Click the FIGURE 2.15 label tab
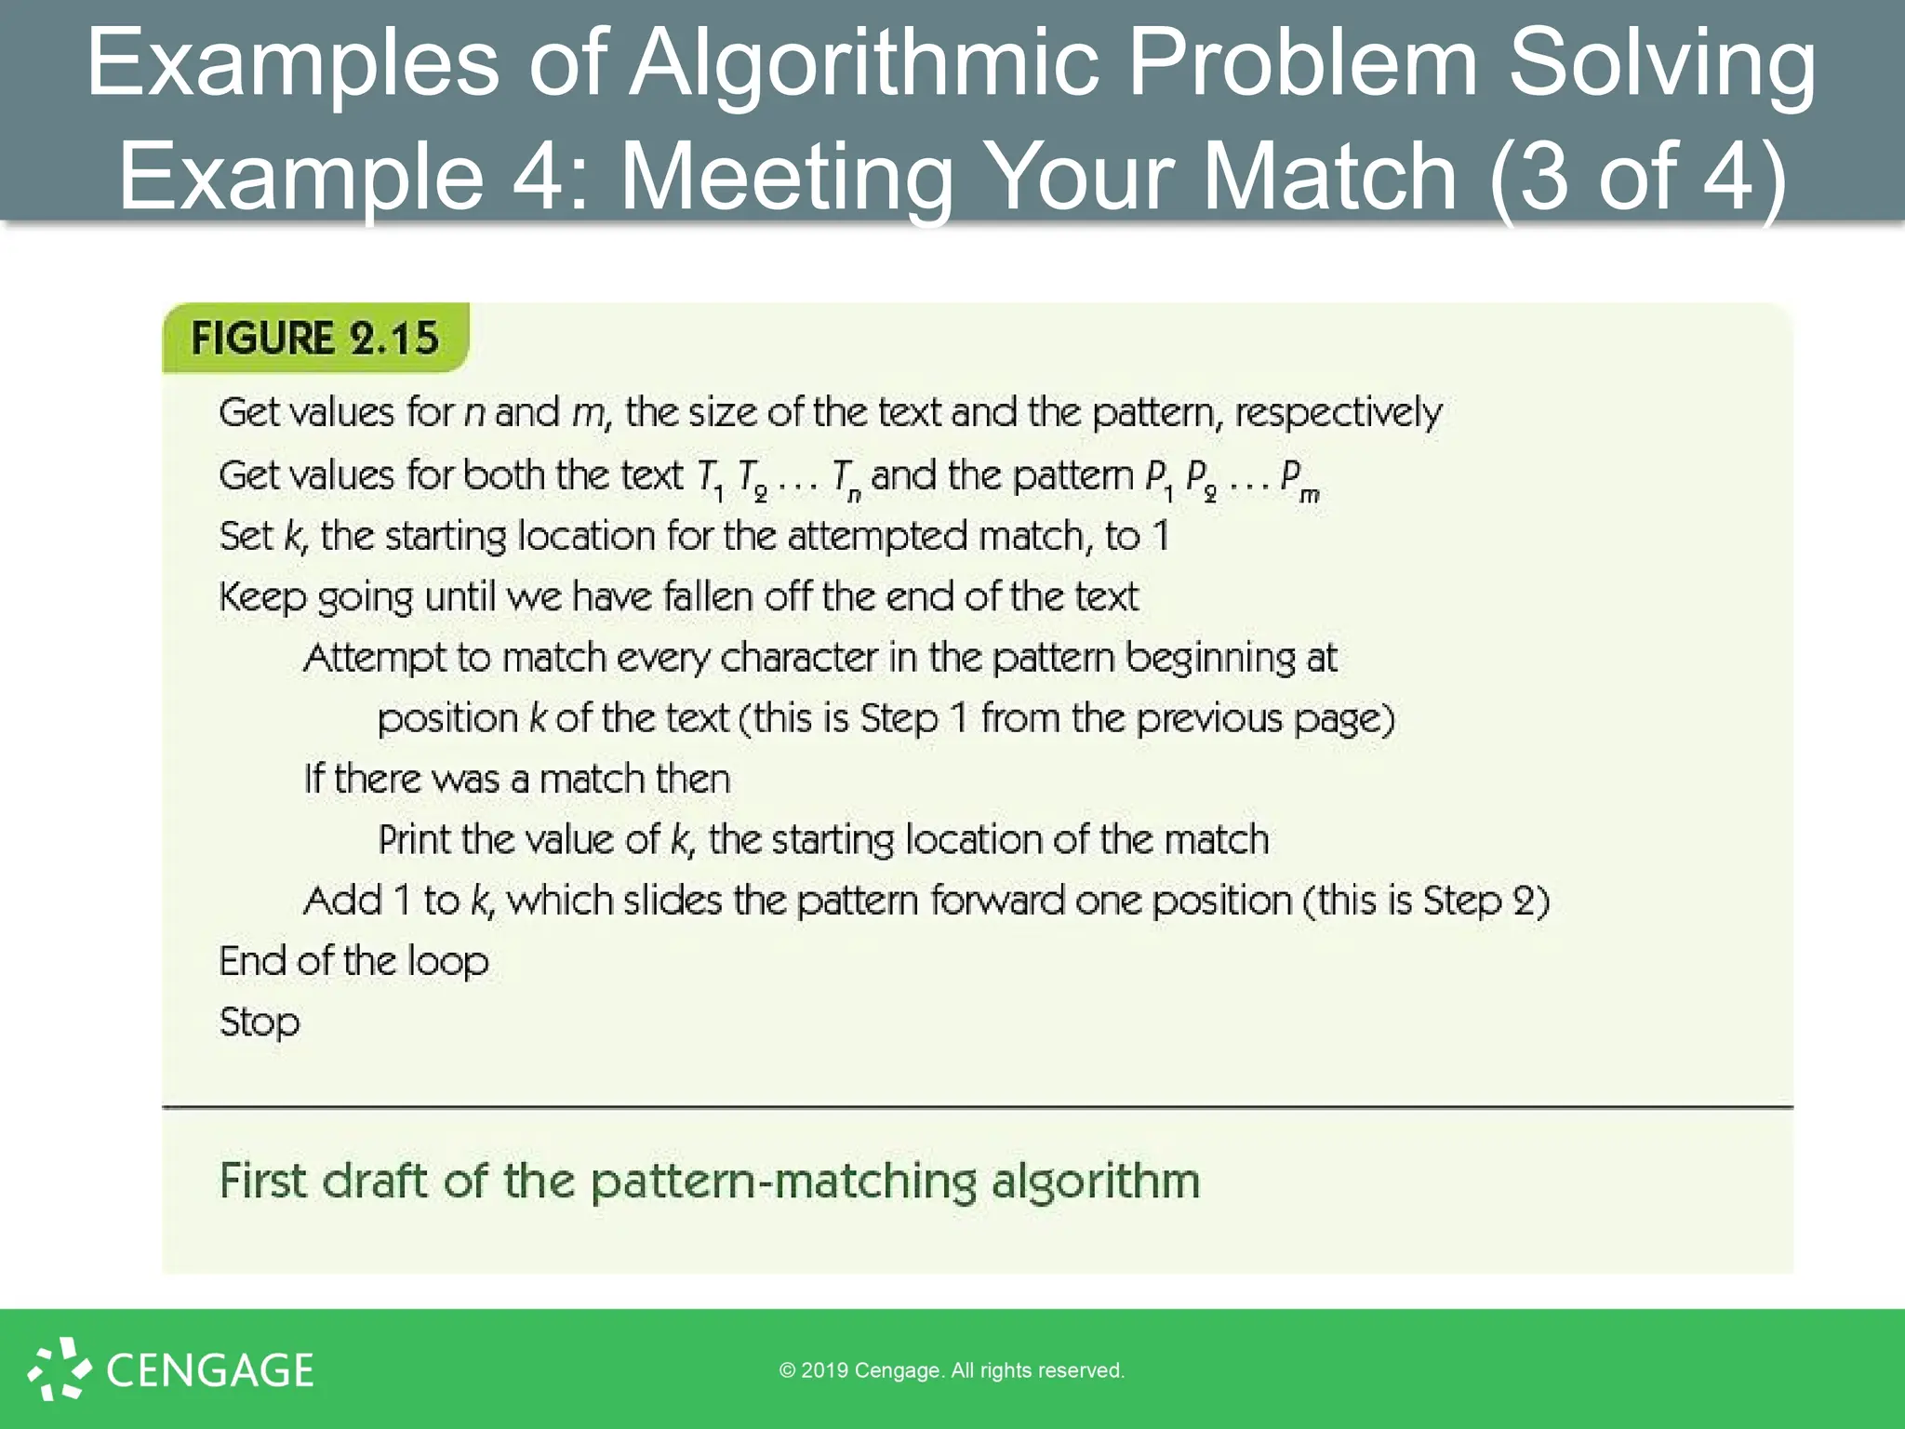314,338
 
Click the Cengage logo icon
59,1369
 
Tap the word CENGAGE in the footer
210,1370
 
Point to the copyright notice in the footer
952,1370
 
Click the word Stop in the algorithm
260,1022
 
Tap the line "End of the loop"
353,961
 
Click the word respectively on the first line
1338,412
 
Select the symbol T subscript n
846,478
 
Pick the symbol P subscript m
1299,478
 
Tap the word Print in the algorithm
415,840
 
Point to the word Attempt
375,659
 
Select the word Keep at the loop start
262,597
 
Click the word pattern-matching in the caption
783,1182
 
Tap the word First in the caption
262,1182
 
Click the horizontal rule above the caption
977,1107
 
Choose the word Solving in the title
1661,63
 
